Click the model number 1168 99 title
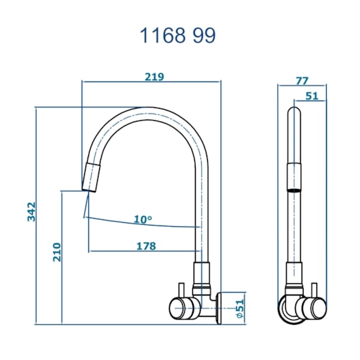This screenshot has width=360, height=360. click(177, 35)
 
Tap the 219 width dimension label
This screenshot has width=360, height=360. click(154, 77)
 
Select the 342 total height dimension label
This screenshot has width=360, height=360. click(31, 211)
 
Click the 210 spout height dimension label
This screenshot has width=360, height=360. click(56, 252)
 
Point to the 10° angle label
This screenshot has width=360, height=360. click(143, 219)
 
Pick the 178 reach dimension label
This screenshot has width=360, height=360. click(146, 246)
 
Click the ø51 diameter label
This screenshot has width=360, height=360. click(239, 309)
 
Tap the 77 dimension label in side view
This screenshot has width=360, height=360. click(302, 81)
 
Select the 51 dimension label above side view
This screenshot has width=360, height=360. click(312, 96)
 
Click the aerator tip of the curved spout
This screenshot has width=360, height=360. click(91, 177)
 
